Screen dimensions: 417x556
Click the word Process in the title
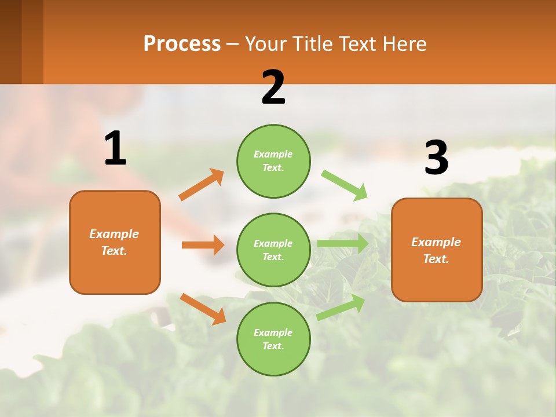click(182, 44)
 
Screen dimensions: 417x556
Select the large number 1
click(115, 149)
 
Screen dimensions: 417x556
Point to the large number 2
click(273, 87)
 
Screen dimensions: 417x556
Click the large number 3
click(436, 158)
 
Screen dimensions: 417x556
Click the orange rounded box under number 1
click(115, 242)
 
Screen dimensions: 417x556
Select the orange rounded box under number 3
click(437, 250)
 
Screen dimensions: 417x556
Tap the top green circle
click(273, 161)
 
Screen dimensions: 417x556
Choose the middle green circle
click(273, 250)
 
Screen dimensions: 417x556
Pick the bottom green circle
click(273, 339)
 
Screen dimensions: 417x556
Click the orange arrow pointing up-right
click(202, 185)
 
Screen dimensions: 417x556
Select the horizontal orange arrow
click(203, 245)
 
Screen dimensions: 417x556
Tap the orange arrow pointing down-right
click(203, 309)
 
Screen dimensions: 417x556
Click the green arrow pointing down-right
click(344, 185)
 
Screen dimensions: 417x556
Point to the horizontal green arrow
click(343, 243)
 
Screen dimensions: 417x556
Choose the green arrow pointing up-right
click(341, 307)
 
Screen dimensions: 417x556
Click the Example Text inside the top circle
click(273, 161)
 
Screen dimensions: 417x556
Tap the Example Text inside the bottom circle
click(273, 339)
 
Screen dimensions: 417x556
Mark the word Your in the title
click(264, 44)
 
